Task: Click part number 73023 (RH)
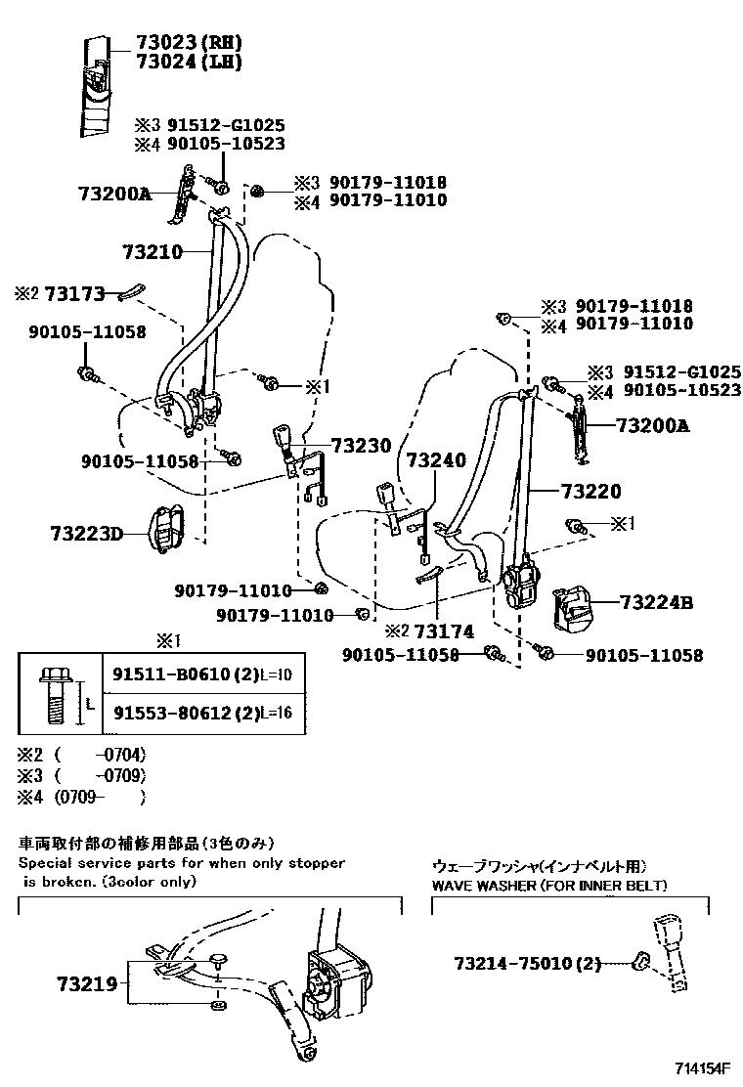(x=175, y=42)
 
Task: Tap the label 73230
(x=361, y=445)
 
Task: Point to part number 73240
(x=436, y=459)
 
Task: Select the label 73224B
(x=656, y=603)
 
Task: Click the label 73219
(x=86, y=983)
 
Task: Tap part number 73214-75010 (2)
(x=527, y=964)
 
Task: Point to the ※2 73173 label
(x=60, y=292)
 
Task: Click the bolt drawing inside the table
(x=52, y=697)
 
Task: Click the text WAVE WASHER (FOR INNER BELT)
(x=549, y=885)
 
